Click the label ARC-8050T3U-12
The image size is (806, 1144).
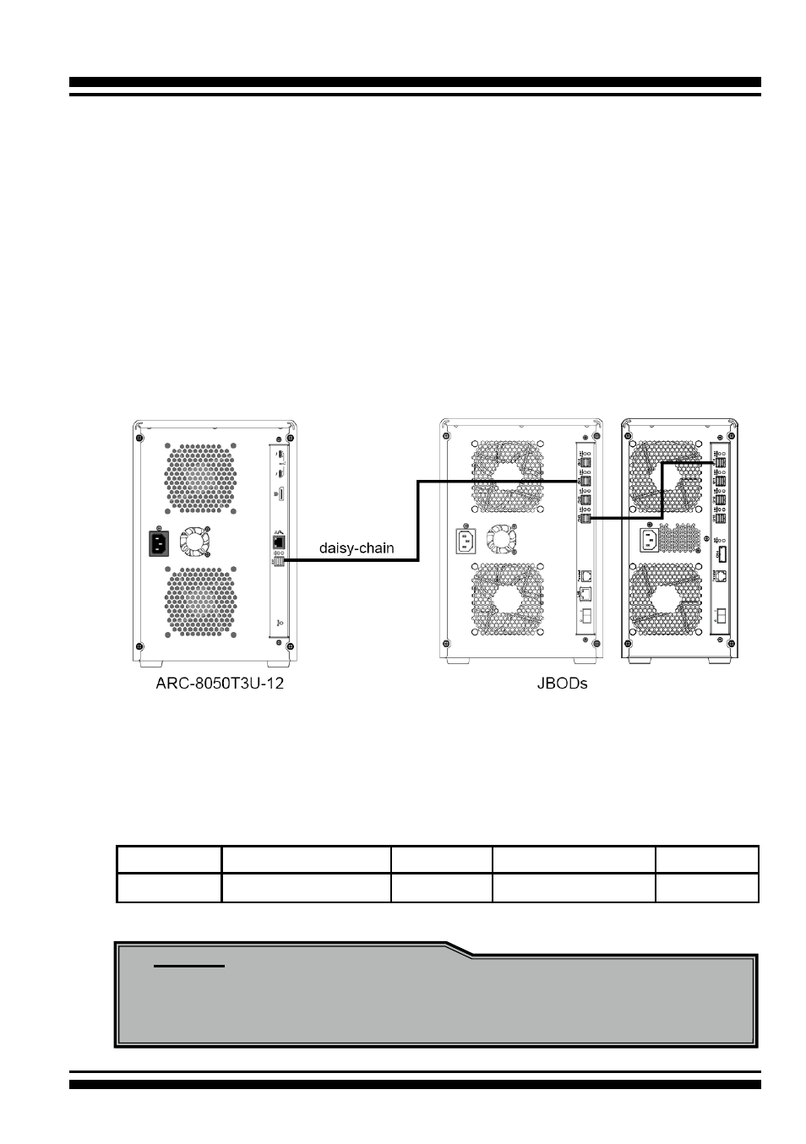coord(220,683)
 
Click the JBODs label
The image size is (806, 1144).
coord(562,683)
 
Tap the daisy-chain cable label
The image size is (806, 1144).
coord(357,548)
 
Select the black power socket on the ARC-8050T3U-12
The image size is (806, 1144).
coord(159,543)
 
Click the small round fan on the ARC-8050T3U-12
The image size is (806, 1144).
coord(194,542)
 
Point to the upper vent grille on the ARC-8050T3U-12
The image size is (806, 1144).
coord(200,478)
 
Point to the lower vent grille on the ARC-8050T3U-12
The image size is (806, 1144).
coord(200,601)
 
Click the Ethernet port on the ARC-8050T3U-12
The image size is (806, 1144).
coord(278,541)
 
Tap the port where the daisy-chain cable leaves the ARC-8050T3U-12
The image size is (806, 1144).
coord(279,561)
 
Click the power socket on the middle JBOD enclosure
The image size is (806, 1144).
coord(466,541)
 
